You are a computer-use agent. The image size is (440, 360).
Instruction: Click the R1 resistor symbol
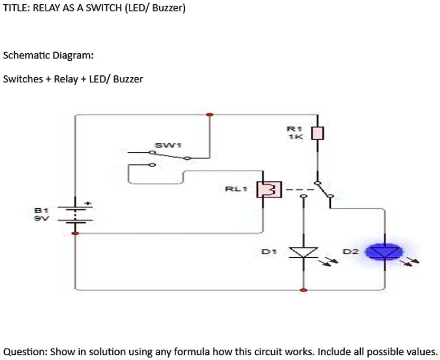(x=318, y=133)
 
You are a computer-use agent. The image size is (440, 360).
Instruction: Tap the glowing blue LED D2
(x=385, y=252)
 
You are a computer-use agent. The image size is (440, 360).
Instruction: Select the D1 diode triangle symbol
(x=303, y=252)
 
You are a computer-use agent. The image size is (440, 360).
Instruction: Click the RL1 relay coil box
(x=269, y=190)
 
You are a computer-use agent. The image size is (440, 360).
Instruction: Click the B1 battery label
(x=41, y=210)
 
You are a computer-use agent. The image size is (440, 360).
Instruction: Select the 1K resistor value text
(x=295, y=137)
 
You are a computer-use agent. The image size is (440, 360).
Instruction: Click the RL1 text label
(x=236, y=189)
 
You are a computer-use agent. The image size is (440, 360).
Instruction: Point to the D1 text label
(x=269, y=252)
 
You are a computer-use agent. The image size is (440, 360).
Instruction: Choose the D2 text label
(x=351, y=252)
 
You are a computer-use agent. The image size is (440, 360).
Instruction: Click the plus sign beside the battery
(x=89, y=203)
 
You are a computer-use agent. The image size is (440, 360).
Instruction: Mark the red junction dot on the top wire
(x=209, y=114)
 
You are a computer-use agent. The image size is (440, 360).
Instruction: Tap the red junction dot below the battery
(x=75, y=233)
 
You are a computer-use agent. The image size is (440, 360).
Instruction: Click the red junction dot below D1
(x=303, y=290)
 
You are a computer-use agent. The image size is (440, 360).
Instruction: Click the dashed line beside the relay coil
(x=300, y=190)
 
